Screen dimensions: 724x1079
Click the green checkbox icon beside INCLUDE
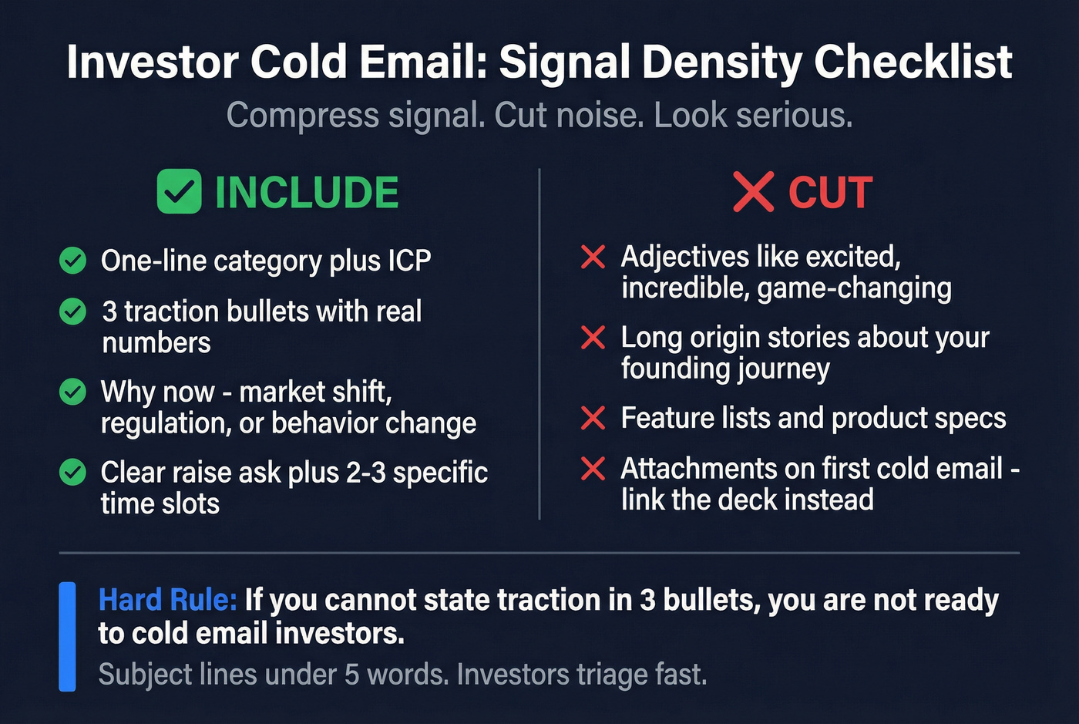click(x=179, y=192)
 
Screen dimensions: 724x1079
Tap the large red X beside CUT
click(x=753, y=192)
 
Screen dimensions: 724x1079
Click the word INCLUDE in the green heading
click(x=307, y=193)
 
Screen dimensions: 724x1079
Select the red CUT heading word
click(x=830, y=193)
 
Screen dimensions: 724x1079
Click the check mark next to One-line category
click(x=73, y=261)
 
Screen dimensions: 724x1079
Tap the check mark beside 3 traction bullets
click(x=73, y=311)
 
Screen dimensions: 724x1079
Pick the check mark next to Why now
click(x=73, y=392)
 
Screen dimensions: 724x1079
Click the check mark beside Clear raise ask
click(x=73, y=472)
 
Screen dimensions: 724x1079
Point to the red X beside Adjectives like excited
click(x=593, y=257)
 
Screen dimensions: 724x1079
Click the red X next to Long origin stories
click(x=593, y=337)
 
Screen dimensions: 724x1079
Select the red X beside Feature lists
click(x=593, y=418)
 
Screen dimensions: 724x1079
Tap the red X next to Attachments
click(x=593, y=468)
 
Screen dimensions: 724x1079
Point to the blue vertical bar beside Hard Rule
click(x=68, y=636)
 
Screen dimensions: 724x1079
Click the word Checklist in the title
click(x=913, y=62)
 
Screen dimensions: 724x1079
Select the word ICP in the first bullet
click(x=409, y=261)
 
